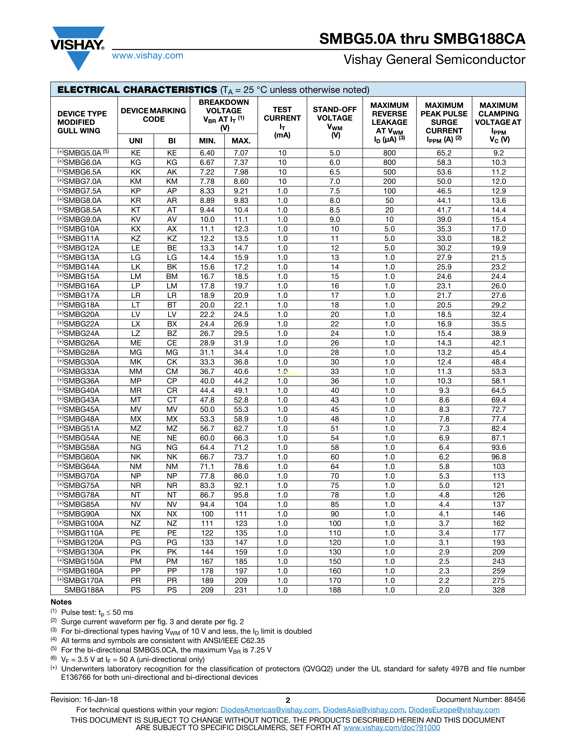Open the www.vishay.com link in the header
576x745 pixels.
(x=148, y=56)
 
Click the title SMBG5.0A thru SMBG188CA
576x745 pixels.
(x=422, y=39)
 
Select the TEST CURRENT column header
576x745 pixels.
(x=282, y=122)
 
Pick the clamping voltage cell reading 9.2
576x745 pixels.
(x=498, y=153)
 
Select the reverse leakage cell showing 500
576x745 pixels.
(x=389, y=172)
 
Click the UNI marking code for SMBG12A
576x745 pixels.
(x=136, y=248)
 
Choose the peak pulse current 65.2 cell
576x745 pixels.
(x=444, y=153)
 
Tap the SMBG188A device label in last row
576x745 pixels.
(x=84, y=590)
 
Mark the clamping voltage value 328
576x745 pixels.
(x=498, y=590)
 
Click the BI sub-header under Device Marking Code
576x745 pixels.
(x=172, y=141)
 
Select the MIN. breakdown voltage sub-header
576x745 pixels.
(x=207, y=141)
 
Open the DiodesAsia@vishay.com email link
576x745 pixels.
(x=363, y=710)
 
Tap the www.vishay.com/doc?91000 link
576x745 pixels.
(x=391, y=728)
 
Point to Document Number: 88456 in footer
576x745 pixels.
(x=480, y=700)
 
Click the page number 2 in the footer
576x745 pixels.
(x=288, y=700)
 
